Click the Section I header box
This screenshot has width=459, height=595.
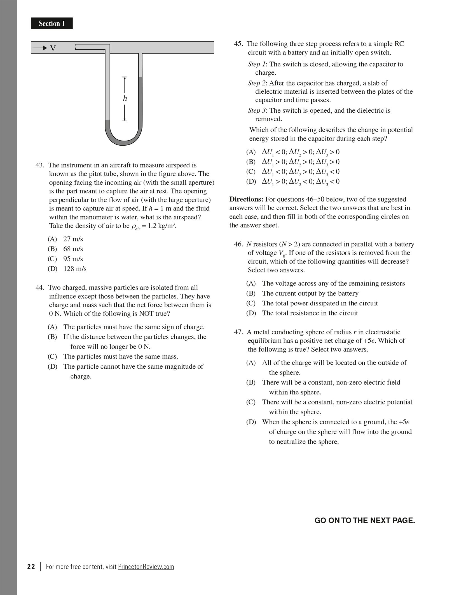(52, 23)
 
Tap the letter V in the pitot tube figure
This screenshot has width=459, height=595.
(53, 49)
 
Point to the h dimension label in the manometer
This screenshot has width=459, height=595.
(125, 99)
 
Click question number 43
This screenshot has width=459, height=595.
(40, 165)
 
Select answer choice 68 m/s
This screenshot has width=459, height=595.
(73, 249)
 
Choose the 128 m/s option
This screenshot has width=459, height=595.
(75, 269)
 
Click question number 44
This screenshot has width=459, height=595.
(40, 288)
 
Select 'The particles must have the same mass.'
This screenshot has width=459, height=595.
(121, 356)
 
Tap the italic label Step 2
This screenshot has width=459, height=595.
(256, 83)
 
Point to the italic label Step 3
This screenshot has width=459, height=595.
(256, 111)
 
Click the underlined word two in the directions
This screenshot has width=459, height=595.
(352, 200)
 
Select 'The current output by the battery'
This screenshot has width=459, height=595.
(310, 293)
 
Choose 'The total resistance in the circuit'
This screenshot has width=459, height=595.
(310, 313)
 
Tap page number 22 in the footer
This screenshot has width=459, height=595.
(31, 566)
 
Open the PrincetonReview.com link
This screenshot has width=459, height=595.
(146, 566)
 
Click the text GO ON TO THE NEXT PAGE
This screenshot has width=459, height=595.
(365, 520)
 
